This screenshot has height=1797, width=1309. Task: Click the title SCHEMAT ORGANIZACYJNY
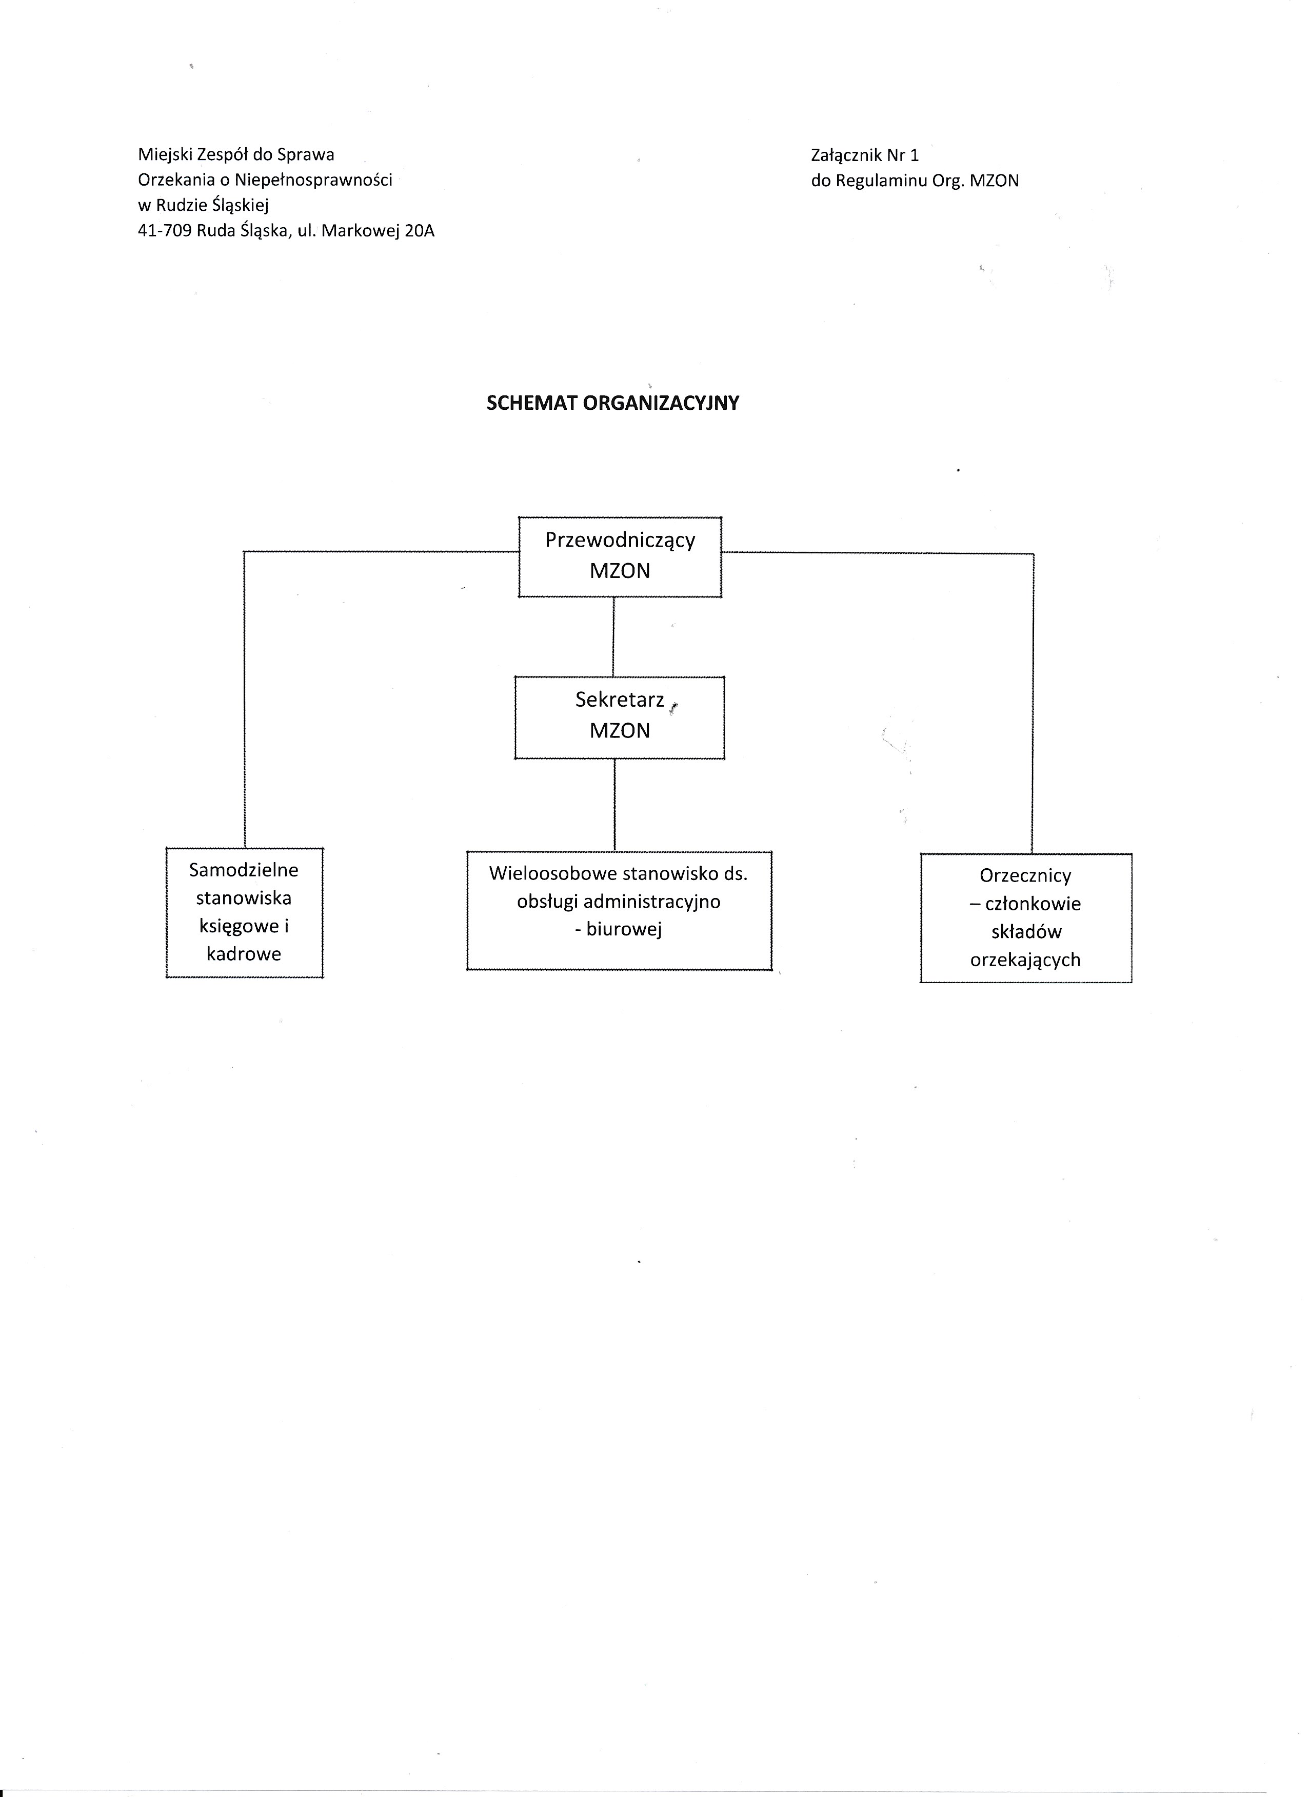tap(612, 403)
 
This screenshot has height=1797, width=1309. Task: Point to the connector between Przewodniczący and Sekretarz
tap(614, 636)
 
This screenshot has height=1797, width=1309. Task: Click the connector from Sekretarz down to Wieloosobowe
tap(616, 805)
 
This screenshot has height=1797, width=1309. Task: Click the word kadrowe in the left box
tap(244, 954)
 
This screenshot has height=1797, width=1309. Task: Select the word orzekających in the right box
tap(1025, 961)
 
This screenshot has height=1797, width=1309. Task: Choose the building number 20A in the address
tap(419, 231)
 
